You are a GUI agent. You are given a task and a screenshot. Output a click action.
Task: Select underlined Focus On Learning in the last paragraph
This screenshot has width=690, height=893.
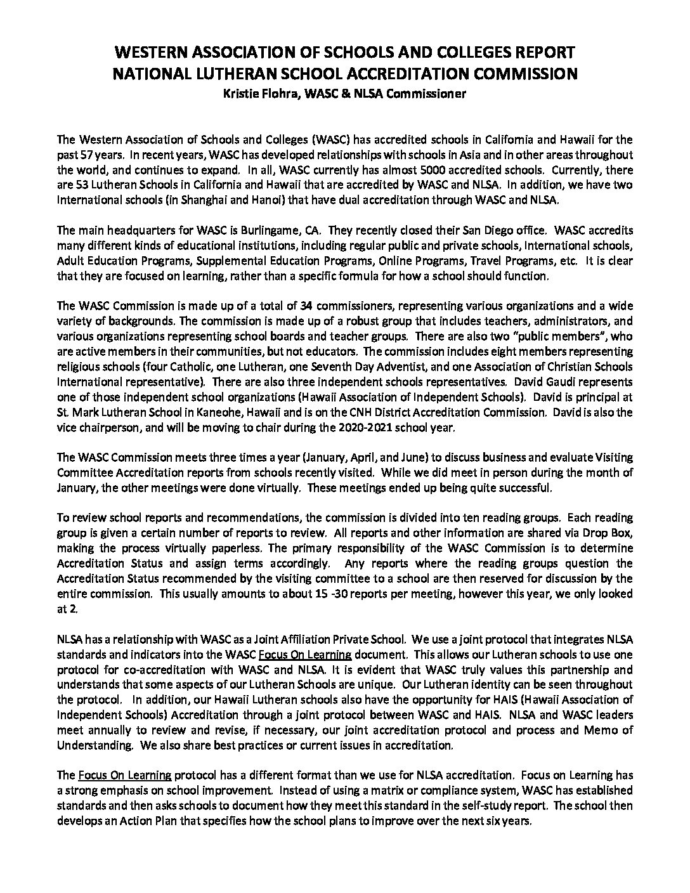point(124,775)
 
